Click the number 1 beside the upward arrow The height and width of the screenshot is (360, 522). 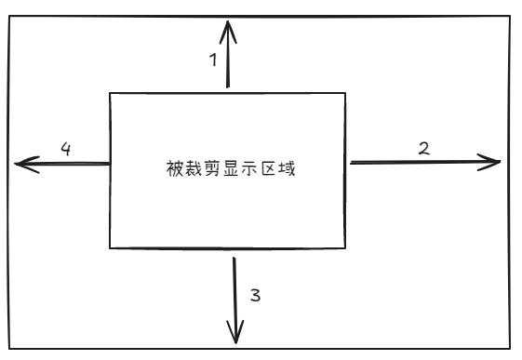click(x=212, y=61)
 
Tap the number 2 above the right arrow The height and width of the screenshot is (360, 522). click(x=425, y=148)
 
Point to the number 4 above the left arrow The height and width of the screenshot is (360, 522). click(x=66, y=148)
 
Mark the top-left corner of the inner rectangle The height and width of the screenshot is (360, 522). click(x=111, y=94)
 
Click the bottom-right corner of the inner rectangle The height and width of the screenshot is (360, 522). click(x=345, y=248)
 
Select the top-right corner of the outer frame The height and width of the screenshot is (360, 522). click(x=511, y=15)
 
